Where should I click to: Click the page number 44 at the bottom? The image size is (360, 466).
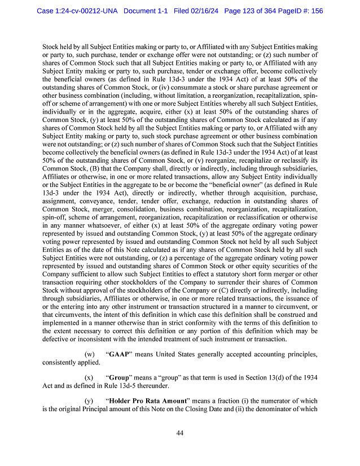pyautogui.click(x=180, y=433)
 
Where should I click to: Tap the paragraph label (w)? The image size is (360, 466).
pyautogui.click(x=89, y=354)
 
